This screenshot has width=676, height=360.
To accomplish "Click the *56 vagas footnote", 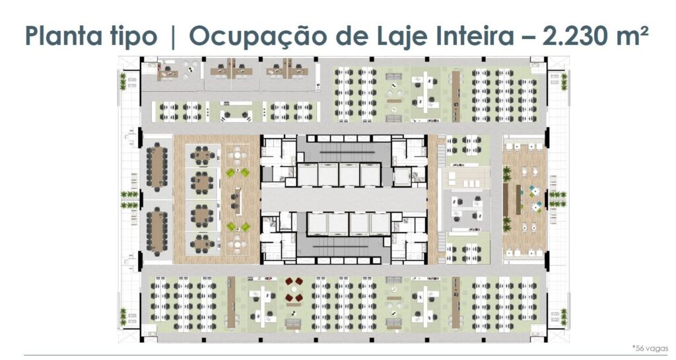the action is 650,348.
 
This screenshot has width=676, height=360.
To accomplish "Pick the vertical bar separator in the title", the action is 174,36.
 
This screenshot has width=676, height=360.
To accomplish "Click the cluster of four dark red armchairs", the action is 294,290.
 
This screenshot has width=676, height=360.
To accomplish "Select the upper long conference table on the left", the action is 157,167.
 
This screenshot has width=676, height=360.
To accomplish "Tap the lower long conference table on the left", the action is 157,231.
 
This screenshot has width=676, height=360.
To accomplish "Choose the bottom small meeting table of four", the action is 202,244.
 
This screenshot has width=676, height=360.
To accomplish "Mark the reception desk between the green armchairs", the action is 237,201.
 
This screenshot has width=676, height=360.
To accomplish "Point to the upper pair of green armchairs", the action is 238,172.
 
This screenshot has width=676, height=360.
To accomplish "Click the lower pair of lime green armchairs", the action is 238,227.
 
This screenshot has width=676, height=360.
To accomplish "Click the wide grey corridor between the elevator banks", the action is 343,199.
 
